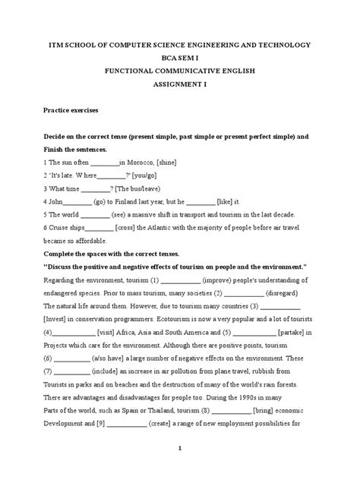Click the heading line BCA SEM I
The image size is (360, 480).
tap(180, 58)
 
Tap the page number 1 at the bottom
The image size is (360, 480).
tap(180, 469)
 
